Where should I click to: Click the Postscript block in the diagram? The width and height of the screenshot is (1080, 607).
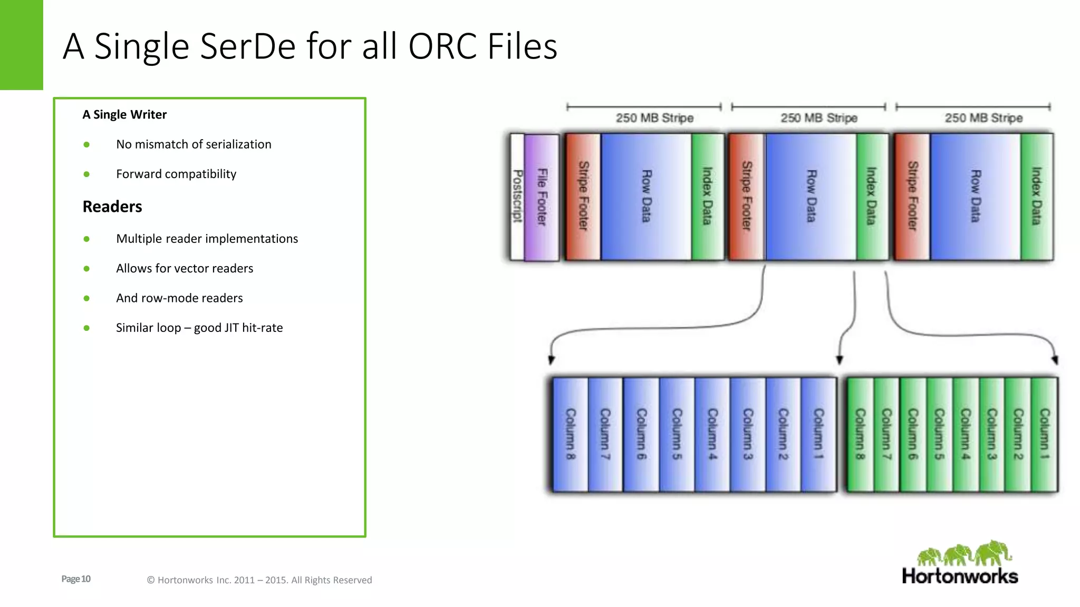point(517,197)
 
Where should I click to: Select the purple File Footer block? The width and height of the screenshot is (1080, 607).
point(542,197)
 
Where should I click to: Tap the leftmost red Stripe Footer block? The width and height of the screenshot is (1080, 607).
point(583,197)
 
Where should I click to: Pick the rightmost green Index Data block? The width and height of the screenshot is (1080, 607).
point(1037,197)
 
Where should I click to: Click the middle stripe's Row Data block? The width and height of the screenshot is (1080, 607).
point(811,197)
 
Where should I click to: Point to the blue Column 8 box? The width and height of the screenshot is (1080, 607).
point(570,434)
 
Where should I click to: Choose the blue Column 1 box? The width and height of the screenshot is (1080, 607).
point(818,434)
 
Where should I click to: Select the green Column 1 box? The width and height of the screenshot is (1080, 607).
point(1044,434)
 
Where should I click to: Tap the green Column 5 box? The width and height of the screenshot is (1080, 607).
point(939,434)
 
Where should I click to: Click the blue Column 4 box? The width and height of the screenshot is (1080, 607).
point(712,434)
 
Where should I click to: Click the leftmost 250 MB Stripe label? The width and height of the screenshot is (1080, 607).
point(654,118)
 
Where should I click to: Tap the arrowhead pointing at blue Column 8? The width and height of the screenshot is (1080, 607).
point(551,360)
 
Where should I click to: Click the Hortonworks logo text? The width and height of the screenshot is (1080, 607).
point(960,576)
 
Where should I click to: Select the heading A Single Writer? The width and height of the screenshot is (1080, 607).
point(124,115)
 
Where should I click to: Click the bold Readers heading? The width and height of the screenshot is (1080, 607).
point(112,207)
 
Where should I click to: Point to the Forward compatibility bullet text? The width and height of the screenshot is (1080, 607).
point(176,174)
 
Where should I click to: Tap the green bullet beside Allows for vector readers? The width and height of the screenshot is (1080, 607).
point(86,269)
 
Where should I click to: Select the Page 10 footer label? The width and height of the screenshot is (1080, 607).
point(76,579)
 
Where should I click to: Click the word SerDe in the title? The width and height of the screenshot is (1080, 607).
point(248,46)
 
